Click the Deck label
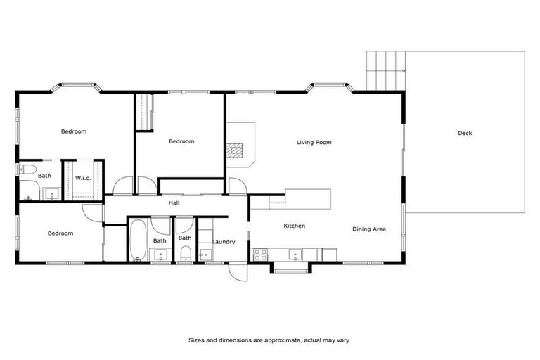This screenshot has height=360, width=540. click(465, 133)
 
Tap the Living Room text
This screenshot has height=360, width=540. click(314, 142)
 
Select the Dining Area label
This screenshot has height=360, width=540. click(369, 229)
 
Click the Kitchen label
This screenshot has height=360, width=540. click(294, 226)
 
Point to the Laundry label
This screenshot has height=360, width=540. click(224, 242)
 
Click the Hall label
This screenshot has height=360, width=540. click(174, 203)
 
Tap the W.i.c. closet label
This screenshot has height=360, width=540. click(83, 178)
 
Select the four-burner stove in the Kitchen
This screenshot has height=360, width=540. click(261, 254)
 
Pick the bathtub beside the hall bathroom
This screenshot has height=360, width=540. click(137, 241)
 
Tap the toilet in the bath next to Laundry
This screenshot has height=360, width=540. click(184, 255)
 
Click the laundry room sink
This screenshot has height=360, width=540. click(205, 255)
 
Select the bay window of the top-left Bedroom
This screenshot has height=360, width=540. click(77, 88)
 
